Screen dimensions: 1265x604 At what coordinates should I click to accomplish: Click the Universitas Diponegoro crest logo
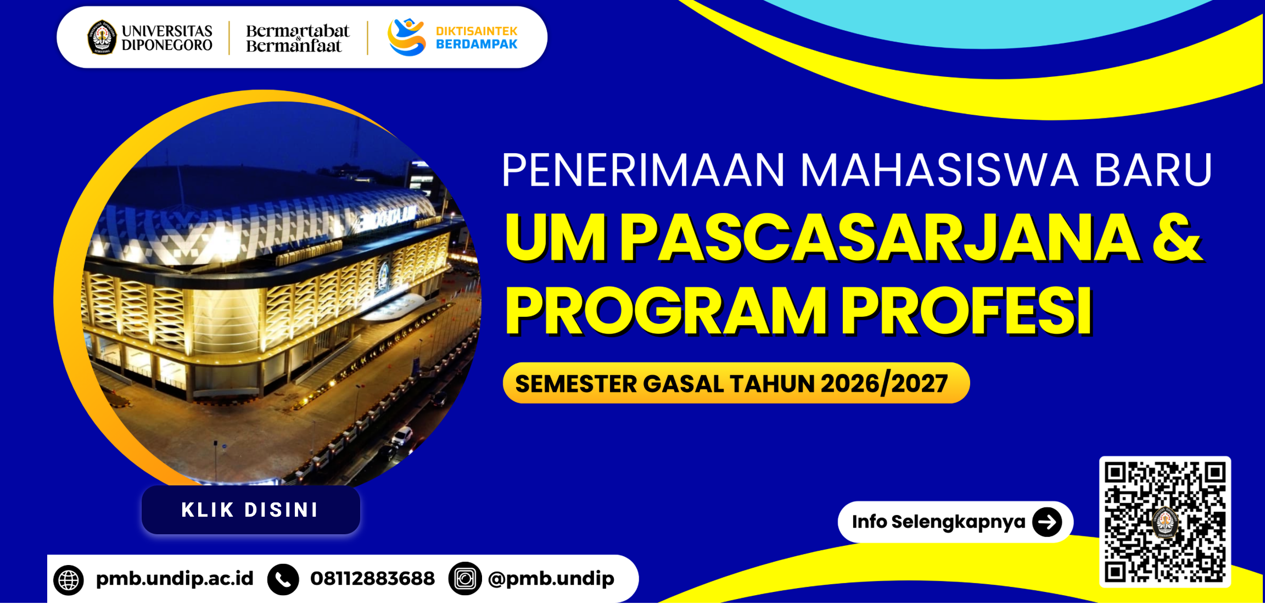coord(102,37)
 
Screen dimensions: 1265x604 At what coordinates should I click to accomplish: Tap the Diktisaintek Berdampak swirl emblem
coord(406,37)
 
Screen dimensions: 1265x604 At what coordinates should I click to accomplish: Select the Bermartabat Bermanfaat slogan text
coord(297,38)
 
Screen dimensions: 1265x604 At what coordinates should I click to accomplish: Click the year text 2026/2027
coord(884,384)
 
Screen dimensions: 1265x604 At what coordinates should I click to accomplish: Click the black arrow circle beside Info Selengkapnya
coord(1047,522)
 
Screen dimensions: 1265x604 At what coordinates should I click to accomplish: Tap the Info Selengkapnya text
coord(938,522)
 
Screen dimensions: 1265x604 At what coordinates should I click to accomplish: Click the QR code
coord(1165,522)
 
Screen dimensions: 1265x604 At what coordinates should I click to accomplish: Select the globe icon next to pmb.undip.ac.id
coord(69,580)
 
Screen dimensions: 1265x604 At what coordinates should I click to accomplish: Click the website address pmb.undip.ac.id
coord(175,579)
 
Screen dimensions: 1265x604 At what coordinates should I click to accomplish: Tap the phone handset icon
coord(283,580)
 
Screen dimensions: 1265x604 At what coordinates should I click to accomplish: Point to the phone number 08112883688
coord(372,578)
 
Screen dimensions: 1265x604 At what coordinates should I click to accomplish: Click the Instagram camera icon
coord(465,579)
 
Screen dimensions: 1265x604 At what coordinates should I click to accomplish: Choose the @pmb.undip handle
coord(551,579)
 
